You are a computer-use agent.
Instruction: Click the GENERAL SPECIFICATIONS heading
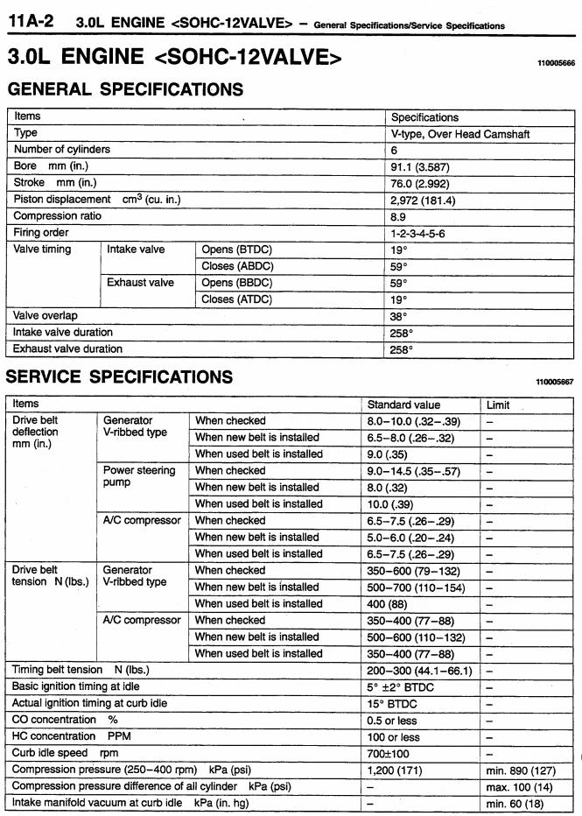(125, 89)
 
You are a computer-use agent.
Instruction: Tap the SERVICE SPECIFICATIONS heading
(120, 377)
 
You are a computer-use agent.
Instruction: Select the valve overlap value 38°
(399, 316)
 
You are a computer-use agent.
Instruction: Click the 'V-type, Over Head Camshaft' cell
(460, 134)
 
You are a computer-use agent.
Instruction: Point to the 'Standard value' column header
(403, 404)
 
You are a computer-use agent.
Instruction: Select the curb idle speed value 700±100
(389, 753)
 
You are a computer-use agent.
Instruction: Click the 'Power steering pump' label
(138, 476)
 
